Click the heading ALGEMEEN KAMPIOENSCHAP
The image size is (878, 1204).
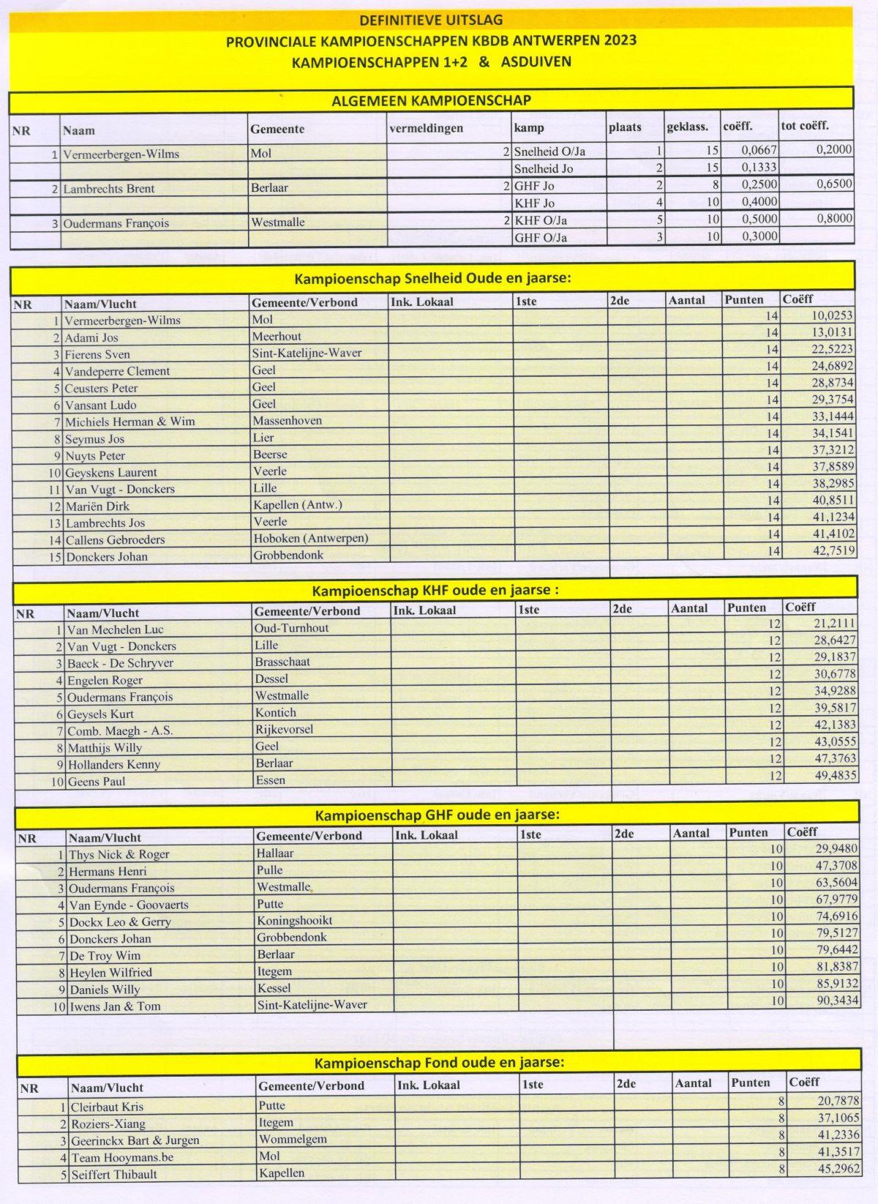(x=431, y=100)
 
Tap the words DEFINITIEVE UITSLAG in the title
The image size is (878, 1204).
(x=431, y=20)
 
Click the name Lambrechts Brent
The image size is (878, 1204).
(x=109, y=189)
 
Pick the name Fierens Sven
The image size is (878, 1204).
(x=97, y=354)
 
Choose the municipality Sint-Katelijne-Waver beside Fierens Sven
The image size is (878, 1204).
(x=307, y=353)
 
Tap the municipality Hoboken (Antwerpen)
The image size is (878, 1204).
(x=310, y=538)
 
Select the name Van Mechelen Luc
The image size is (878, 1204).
(x=115, y=629)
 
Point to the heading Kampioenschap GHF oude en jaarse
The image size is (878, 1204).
(x=438, y=815)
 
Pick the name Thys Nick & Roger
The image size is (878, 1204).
(x=119, y=854)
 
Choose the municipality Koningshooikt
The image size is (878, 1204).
(x=294, y=921)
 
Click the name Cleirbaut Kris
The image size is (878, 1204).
(x=107, y=1107)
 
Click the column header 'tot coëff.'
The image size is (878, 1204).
(x=805, y=125)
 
